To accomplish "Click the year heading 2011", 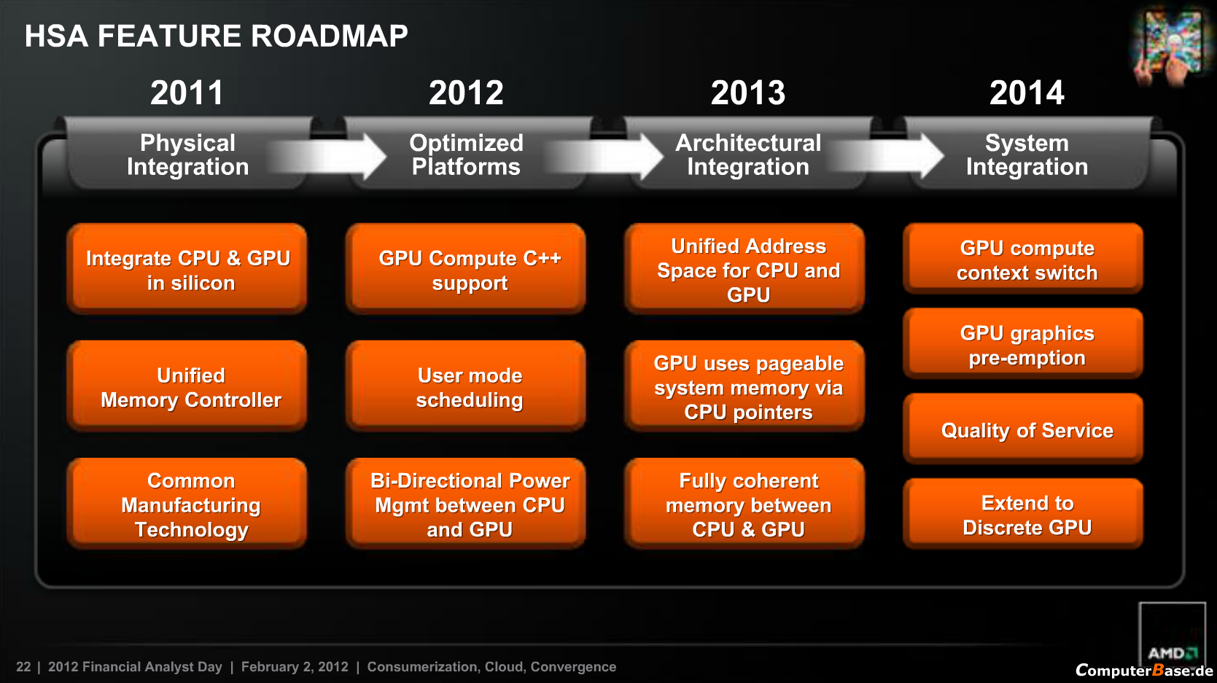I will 187,93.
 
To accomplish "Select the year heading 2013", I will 748,93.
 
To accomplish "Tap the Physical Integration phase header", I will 187,155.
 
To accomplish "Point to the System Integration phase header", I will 1027,155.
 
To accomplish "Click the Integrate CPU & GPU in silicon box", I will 187,270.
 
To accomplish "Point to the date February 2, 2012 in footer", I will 295,667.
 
